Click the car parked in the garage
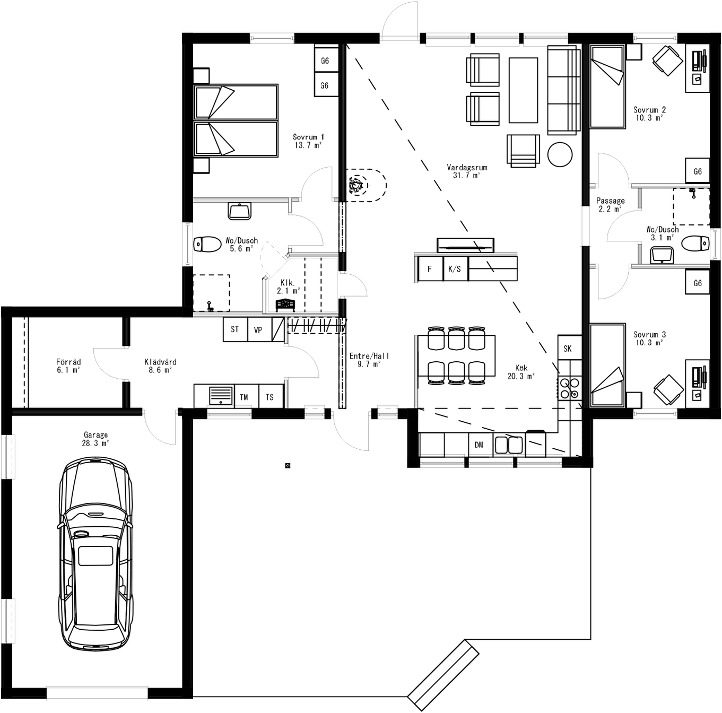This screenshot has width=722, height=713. pyautogui.click(x=95, y=554)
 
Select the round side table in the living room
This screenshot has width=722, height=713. pyautogui.click(x=560, y=155)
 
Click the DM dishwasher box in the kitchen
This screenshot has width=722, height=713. pyautogui.click(x=479, y=445)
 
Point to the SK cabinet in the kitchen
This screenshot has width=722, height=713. pyautogui.click(x=568, y=348)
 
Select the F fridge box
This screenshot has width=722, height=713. pyautogui.click(x=430, y=269)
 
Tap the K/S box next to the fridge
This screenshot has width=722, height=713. pyautogui.click(x=455, y=269)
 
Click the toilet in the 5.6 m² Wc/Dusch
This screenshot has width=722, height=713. pyautogui.click(x=207, y=244)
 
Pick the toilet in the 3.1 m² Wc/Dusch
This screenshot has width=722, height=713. pyautogui.click(x=695, y=244)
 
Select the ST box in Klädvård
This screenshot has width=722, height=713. pyautogui.click(x=235, y=329)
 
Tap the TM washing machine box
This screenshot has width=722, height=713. pyautogui.click(x=244, y=396)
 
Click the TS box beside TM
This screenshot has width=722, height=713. pyautogui.click(x=270, y=396)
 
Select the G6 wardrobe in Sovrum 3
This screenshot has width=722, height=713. pyautogui.click(x=697, y=283)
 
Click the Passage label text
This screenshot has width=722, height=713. pyautogui.click(x=610, y=201)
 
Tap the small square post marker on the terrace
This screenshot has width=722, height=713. pyautogui.click(x=288, y=466)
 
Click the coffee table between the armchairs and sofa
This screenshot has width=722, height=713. pyautogui.click(x=523, y=90)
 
